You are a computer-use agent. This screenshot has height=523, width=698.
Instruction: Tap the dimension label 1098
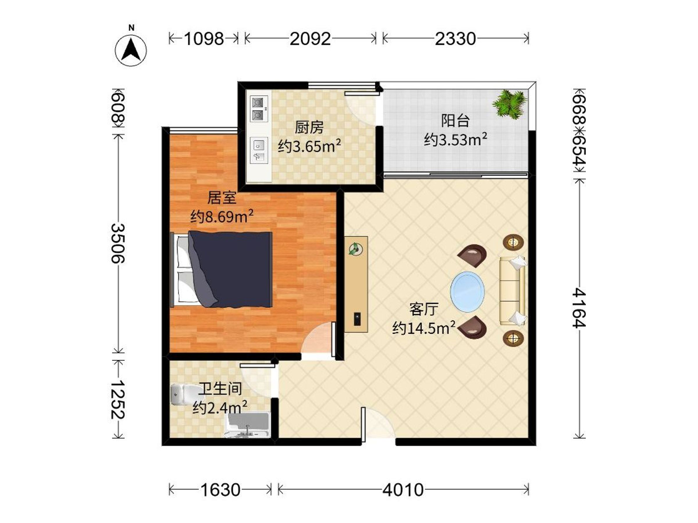(204, 39)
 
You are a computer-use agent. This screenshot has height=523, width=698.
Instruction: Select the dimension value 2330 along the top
(455, 39)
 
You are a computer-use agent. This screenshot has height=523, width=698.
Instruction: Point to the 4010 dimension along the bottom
(403, 490)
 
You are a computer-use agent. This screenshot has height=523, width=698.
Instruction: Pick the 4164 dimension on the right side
(579, 308)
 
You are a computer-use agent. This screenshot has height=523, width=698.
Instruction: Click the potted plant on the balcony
(509, 104)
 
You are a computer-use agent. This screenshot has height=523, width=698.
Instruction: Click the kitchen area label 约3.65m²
(309, 146)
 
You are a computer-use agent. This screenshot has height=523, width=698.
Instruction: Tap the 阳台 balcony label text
(455, 121)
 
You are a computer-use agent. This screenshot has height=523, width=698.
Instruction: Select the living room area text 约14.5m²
(424, 328)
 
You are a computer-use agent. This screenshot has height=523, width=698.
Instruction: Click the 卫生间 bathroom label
(220, 389)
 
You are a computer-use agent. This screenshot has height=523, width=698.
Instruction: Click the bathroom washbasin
(247, 426)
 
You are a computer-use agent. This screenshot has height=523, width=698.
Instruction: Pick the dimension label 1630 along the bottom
(220, 490)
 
